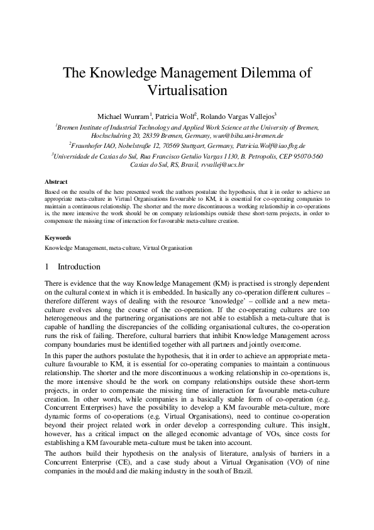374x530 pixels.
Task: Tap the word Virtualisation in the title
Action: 187,90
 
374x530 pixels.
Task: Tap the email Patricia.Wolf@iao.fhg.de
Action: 271,145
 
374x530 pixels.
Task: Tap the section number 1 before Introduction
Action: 48,267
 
